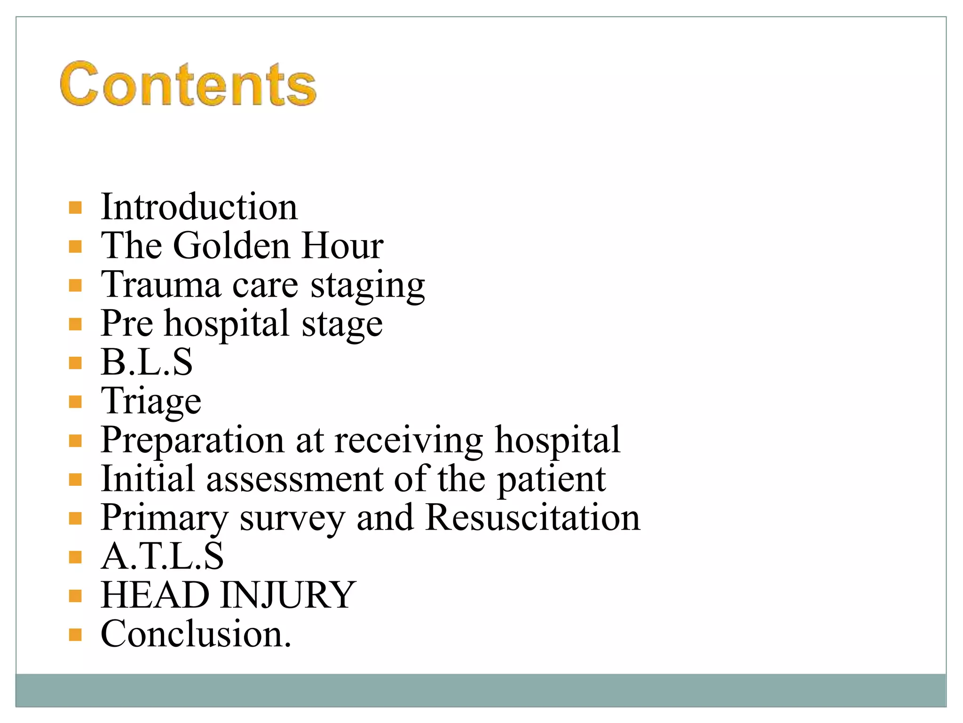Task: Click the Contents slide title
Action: coord(188,85)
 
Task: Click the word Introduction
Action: coord(199,207)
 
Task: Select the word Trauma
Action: coord(161,285)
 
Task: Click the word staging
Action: coord(368,286)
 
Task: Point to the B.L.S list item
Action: coord(147,362)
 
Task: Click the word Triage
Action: coord(151,402)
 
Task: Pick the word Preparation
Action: coord(192,440)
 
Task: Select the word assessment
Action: coord(295,479)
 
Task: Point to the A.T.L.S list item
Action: coord(162,556)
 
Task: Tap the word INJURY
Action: coord(287,595)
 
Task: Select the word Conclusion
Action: coord(196,634)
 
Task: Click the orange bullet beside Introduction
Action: coord(75,208)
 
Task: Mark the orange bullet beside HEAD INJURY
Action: coord(75,596)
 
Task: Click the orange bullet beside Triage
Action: coord(75,402)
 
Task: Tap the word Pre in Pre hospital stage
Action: coord(127,323)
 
